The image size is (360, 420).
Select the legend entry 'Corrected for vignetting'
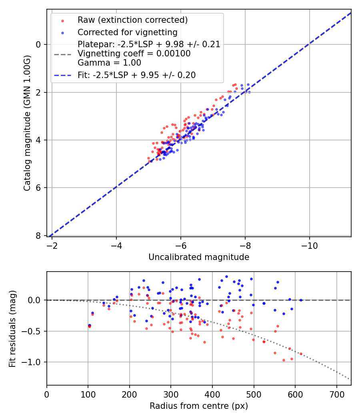pyautogui.click(x=127, y=32)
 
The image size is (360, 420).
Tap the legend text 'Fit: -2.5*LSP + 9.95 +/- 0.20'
pyautogui.click(x=136, y=75)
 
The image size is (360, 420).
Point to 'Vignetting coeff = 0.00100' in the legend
pyautogui.click(x=134, y=54)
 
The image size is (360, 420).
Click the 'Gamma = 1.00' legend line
pyautogui.click(x=109, y=63)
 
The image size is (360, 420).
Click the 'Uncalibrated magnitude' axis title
pyautogui.click(x=199, y=257)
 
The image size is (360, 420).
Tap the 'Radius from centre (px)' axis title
pyautogui.click(x=199, y=406)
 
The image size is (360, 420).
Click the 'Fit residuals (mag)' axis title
pyautogui.click(x=12, y=328)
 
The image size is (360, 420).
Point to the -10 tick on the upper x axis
pyautogui.click(x=309, y=244)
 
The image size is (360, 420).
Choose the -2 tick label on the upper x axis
pyautogui.click(x=52, y=244)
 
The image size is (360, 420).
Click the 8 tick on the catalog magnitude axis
pyautogui.click(x=39, y=236)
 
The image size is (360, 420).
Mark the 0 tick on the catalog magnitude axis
pyautogui.click(x=39, y=44)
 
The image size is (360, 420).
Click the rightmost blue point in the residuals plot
pyautogui.click(x=301, y=300)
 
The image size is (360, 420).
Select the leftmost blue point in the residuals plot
pyautogui.click(x=89, y=325)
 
